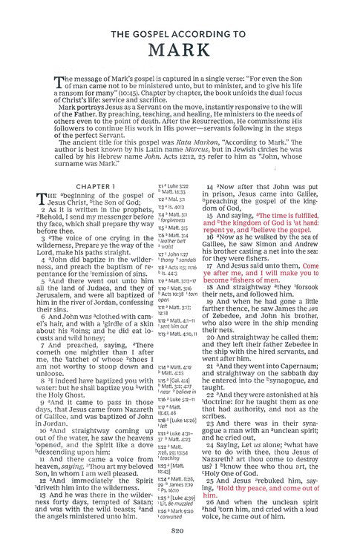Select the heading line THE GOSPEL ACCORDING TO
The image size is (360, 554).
click(180, 34)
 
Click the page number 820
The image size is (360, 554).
click(180, 530)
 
